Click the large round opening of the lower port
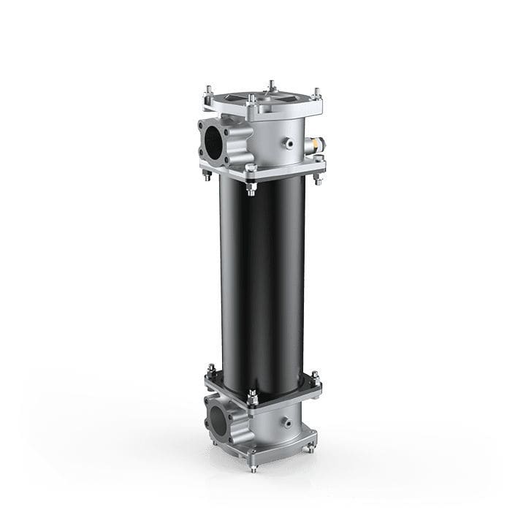218,418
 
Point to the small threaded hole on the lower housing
283,423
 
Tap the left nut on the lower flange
209,371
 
